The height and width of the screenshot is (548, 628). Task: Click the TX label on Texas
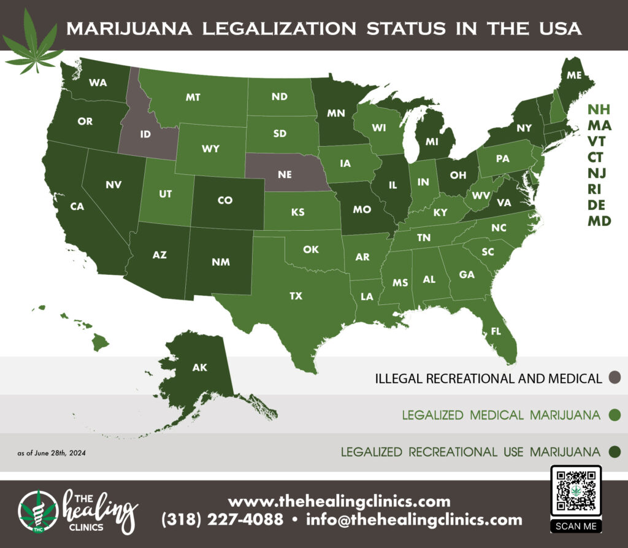[296, 296]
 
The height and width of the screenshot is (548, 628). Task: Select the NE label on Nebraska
[284, 174]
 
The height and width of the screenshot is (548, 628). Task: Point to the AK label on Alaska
[199, 368]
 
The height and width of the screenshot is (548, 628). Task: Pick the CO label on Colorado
[225, 200]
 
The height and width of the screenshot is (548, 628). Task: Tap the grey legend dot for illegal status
[615, 377]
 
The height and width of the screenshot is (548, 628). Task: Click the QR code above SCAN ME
[576, 492]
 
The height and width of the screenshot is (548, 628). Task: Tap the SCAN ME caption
[576, 526]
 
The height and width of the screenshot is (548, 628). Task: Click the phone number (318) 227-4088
[222, 520]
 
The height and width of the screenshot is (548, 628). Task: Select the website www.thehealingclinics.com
[339, 501]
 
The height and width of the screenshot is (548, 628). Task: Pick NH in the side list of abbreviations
[599, 110]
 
